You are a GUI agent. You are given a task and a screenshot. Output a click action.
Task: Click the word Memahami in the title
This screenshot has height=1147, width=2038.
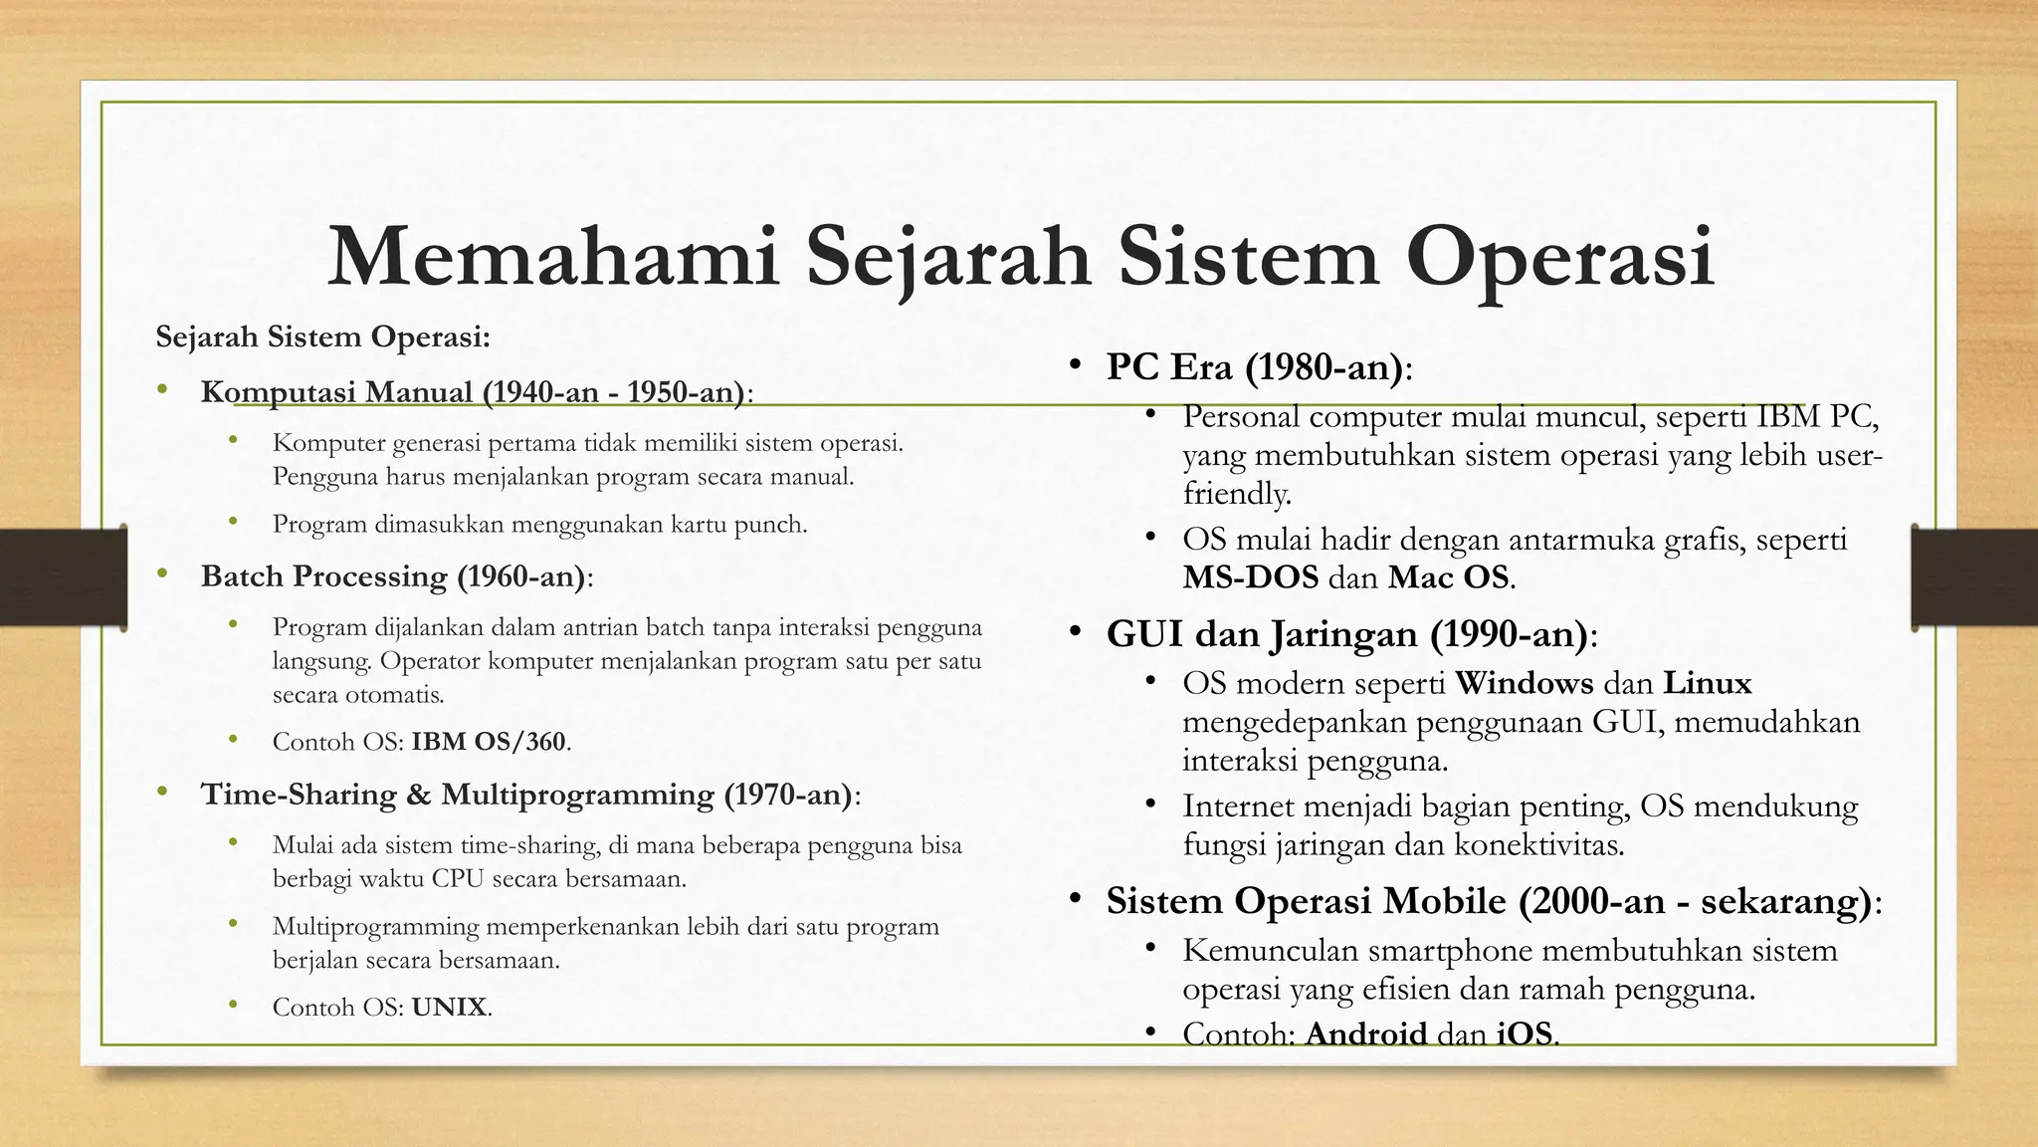click(552, 257)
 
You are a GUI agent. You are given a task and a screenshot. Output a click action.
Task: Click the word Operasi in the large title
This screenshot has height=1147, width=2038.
click(1559, 257)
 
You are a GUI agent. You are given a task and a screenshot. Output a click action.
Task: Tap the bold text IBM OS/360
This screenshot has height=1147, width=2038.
click(489, 742)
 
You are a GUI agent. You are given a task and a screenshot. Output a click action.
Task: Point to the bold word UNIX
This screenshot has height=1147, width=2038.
click(450, 1008)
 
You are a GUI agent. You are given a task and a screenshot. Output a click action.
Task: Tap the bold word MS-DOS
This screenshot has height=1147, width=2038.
click(1250, 577)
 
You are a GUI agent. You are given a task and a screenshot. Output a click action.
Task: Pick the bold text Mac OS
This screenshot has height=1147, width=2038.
click(1449, 577)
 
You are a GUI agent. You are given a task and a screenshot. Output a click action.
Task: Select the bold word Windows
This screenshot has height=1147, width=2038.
click(1524, 683)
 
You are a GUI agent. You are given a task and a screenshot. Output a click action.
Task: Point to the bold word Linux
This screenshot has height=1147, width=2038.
click(1707, 683)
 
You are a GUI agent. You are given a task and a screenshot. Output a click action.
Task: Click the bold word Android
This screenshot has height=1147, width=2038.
click(1365, 1033)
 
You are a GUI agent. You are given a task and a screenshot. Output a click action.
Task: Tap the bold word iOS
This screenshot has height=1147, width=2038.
click(1525, 1033)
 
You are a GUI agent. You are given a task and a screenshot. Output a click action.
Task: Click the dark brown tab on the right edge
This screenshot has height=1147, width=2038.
click(1974, 577)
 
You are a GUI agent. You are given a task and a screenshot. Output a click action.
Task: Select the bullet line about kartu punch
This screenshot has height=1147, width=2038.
click(539, 525)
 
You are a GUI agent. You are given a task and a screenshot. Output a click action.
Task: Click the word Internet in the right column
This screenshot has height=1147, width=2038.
click(1238, 805)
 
